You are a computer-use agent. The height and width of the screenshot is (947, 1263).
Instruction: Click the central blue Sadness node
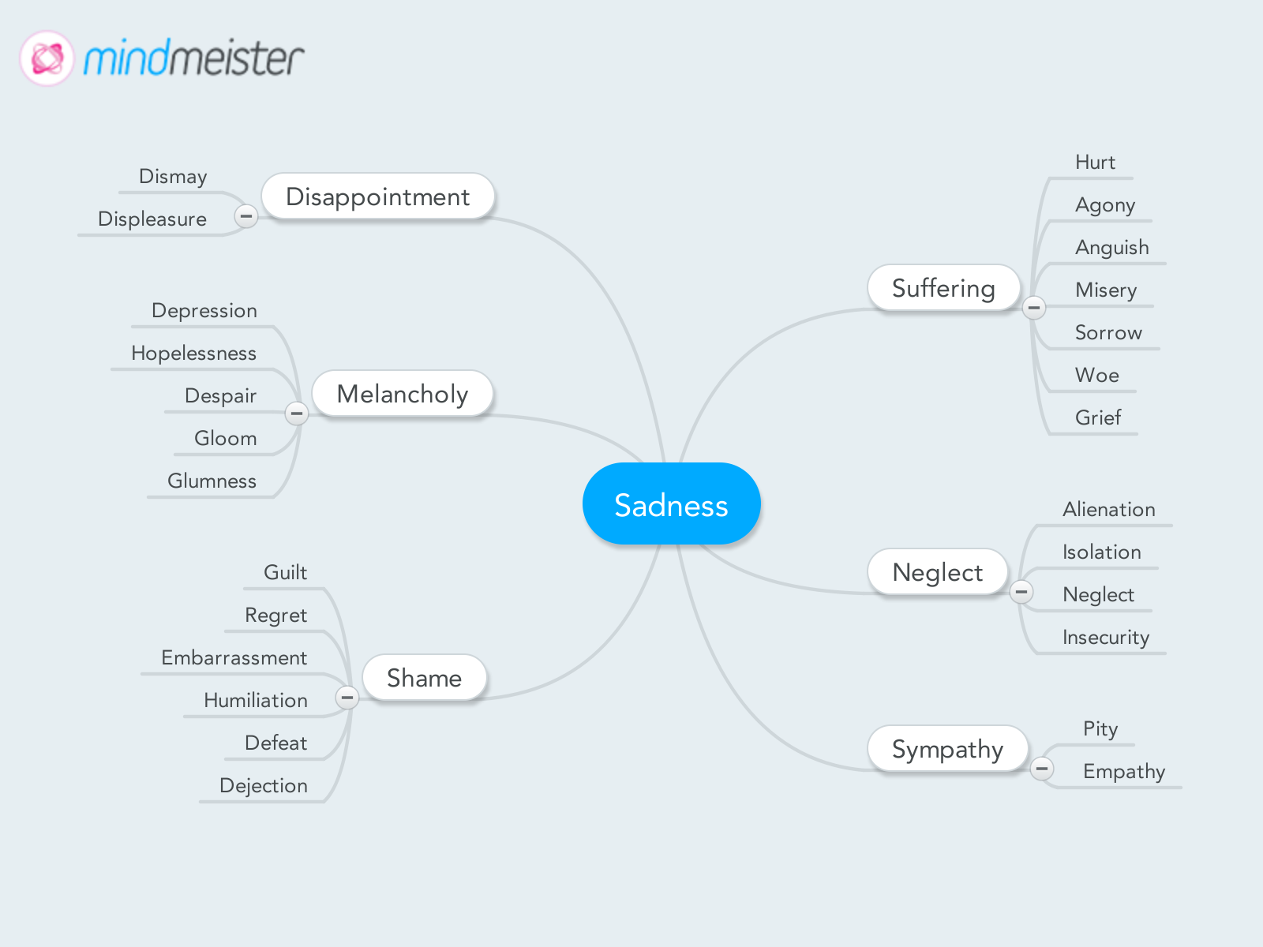[x=671, y=504]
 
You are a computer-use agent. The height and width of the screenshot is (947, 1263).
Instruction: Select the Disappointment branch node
[x=377, y=197]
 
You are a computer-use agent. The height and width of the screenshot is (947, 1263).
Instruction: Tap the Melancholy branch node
[x=402, y=394]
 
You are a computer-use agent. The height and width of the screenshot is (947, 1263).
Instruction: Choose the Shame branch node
[x=424, y=678]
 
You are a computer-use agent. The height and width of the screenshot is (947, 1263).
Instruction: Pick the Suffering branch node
[x=943, y=288]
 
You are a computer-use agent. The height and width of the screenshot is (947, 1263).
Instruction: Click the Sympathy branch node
[x=947, y=749]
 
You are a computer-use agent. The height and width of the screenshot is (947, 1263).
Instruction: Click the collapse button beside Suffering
[x=1034, y=307]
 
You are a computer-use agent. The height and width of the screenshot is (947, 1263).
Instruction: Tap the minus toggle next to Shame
[x=347, y=697]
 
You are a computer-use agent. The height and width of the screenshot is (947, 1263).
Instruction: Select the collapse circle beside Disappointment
[x=246, y=215]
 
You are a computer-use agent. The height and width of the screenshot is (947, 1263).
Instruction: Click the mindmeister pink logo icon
[x=47, y=58]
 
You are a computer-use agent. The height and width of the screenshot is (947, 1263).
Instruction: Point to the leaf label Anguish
[x=1111, y=248]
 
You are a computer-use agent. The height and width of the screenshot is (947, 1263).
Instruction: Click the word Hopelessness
[x=193, y=353]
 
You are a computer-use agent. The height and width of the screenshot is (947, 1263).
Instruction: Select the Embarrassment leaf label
[x=234, y=657]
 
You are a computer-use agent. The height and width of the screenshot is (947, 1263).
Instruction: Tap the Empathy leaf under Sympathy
[x=1123, y=771]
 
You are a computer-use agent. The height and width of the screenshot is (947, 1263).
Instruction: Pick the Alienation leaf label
[x=1108, y=509]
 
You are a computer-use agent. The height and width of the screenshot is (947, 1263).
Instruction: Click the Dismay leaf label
[x=173, y=176]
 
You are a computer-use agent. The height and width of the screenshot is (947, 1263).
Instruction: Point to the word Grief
[x=1097, y=417]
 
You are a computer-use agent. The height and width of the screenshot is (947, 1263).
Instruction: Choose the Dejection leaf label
[x=263, y=785]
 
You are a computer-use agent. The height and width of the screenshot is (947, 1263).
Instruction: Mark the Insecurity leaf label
[x=1105, y=637]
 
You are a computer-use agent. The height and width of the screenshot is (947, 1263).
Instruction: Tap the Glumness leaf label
[x=212, y=481]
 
